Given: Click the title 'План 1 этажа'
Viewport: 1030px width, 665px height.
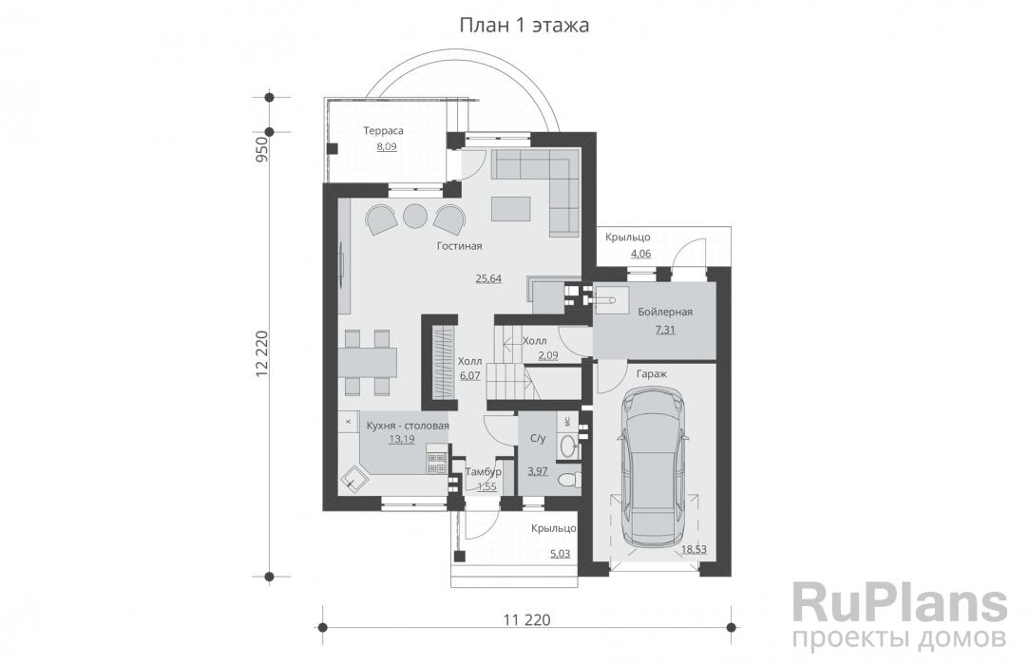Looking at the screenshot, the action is [524, 25].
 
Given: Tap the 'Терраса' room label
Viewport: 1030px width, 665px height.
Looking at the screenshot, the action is [384, 131].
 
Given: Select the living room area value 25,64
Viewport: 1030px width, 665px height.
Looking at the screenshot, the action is [488, 278].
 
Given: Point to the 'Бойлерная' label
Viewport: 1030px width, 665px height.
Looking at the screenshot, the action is [665, 312].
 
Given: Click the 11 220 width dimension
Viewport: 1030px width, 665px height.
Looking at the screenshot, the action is [526, 619].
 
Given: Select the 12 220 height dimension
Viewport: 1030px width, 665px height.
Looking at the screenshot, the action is [262, 353].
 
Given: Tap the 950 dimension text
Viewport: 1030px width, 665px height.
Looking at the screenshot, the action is [262, 150].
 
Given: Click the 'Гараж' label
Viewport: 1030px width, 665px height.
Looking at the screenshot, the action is [652, 373].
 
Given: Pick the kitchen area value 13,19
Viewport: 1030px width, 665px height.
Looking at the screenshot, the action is [401, 439].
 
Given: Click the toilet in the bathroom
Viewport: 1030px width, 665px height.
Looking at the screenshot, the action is [566, 480].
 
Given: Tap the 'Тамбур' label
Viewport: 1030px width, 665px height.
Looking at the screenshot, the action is [484, 471].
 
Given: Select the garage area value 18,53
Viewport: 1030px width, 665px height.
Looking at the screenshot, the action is [694, 549].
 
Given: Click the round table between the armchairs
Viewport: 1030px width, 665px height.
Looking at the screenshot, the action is [414, 216].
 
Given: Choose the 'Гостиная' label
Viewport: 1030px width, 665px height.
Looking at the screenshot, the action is [459, 246].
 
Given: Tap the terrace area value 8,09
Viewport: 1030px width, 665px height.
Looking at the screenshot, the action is [386, 146].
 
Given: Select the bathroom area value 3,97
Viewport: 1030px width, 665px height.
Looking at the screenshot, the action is [538, 470].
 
